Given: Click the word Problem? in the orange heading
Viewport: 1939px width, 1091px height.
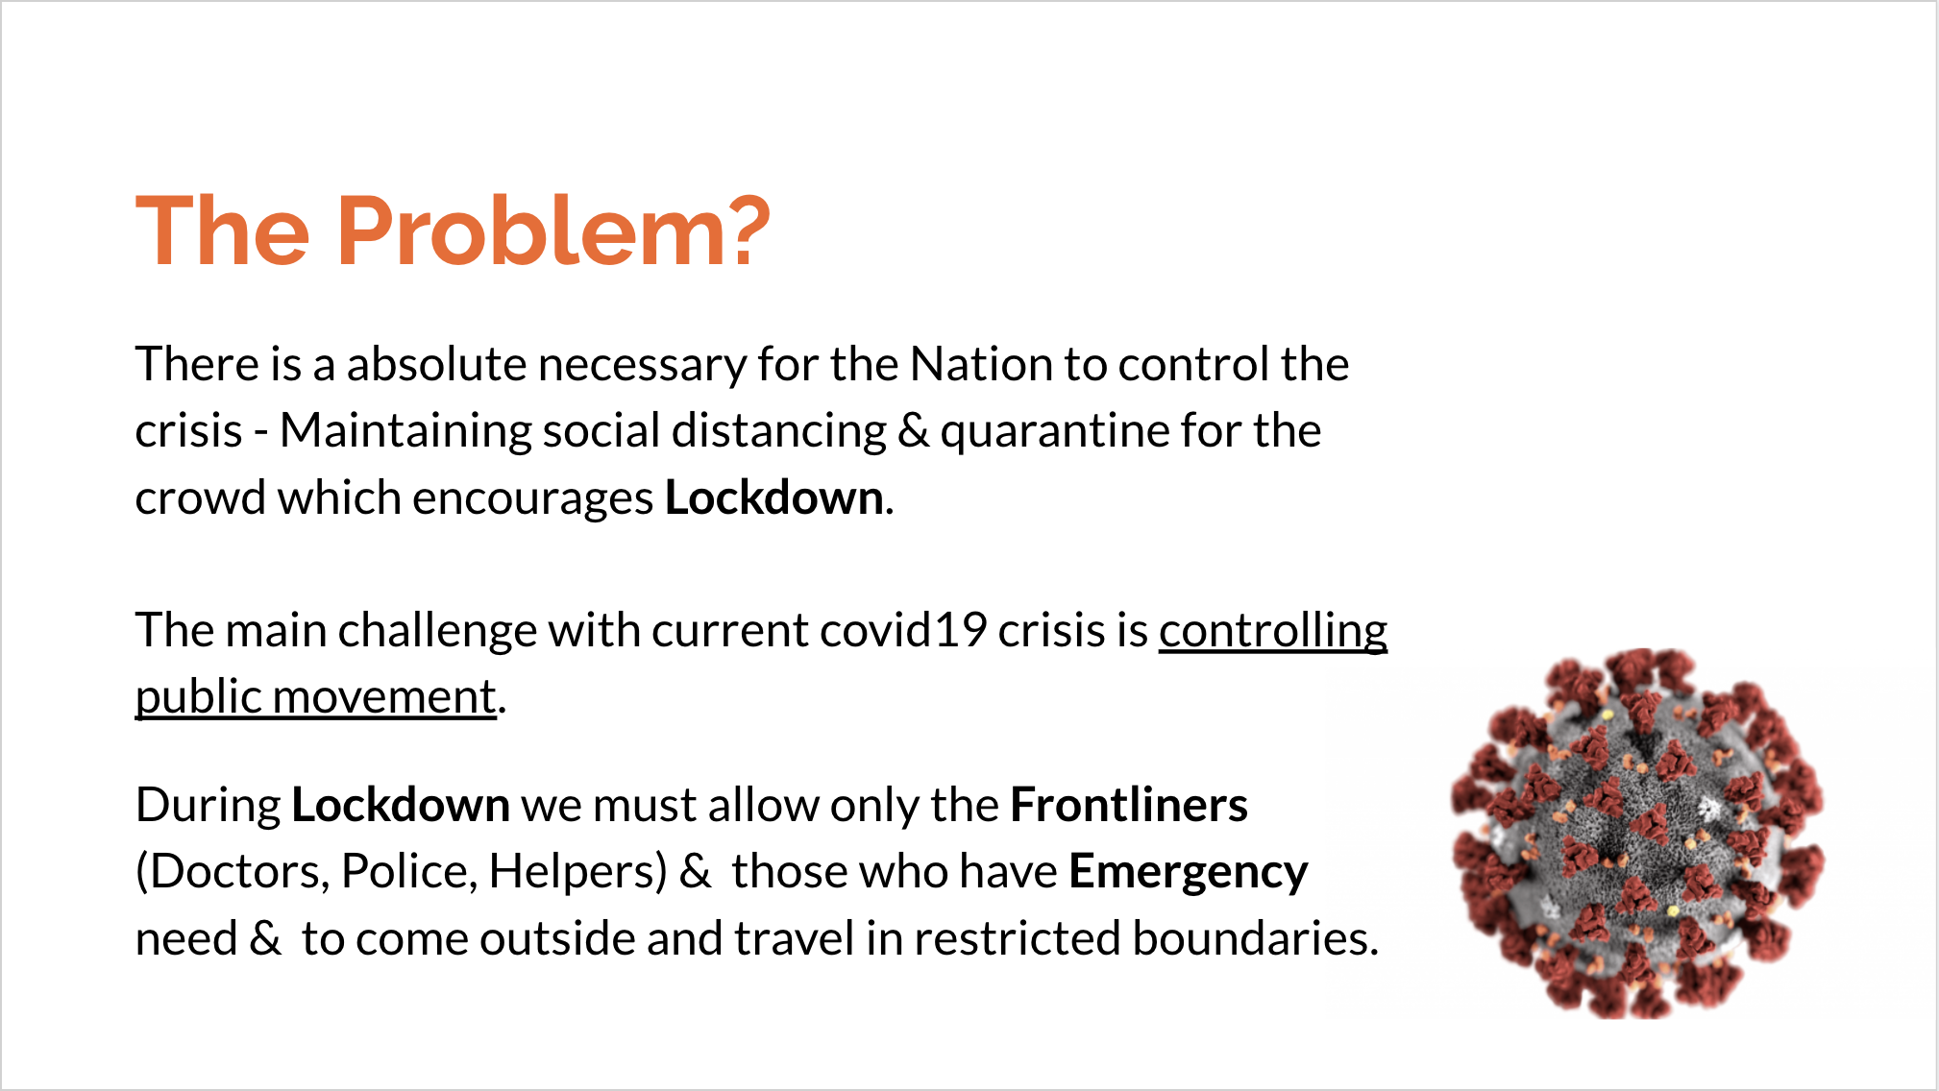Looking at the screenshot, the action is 552,231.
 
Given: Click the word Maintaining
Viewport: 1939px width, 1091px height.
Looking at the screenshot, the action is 405,432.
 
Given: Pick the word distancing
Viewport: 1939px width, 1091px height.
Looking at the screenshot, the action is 779,432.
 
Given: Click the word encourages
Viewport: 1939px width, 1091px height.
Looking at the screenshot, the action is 533,499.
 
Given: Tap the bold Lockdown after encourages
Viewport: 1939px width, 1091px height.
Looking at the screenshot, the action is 774,497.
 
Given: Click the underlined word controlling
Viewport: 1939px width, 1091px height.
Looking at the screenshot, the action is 1273,632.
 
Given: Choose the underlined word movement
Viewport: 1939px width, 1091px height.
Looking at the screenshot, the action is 384,698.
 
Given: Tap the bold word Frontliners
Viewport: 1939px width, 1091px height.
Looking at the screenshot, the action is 1129,805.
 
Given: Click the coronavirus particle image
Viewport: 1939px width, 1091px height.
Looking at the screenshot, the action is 1637,834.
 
